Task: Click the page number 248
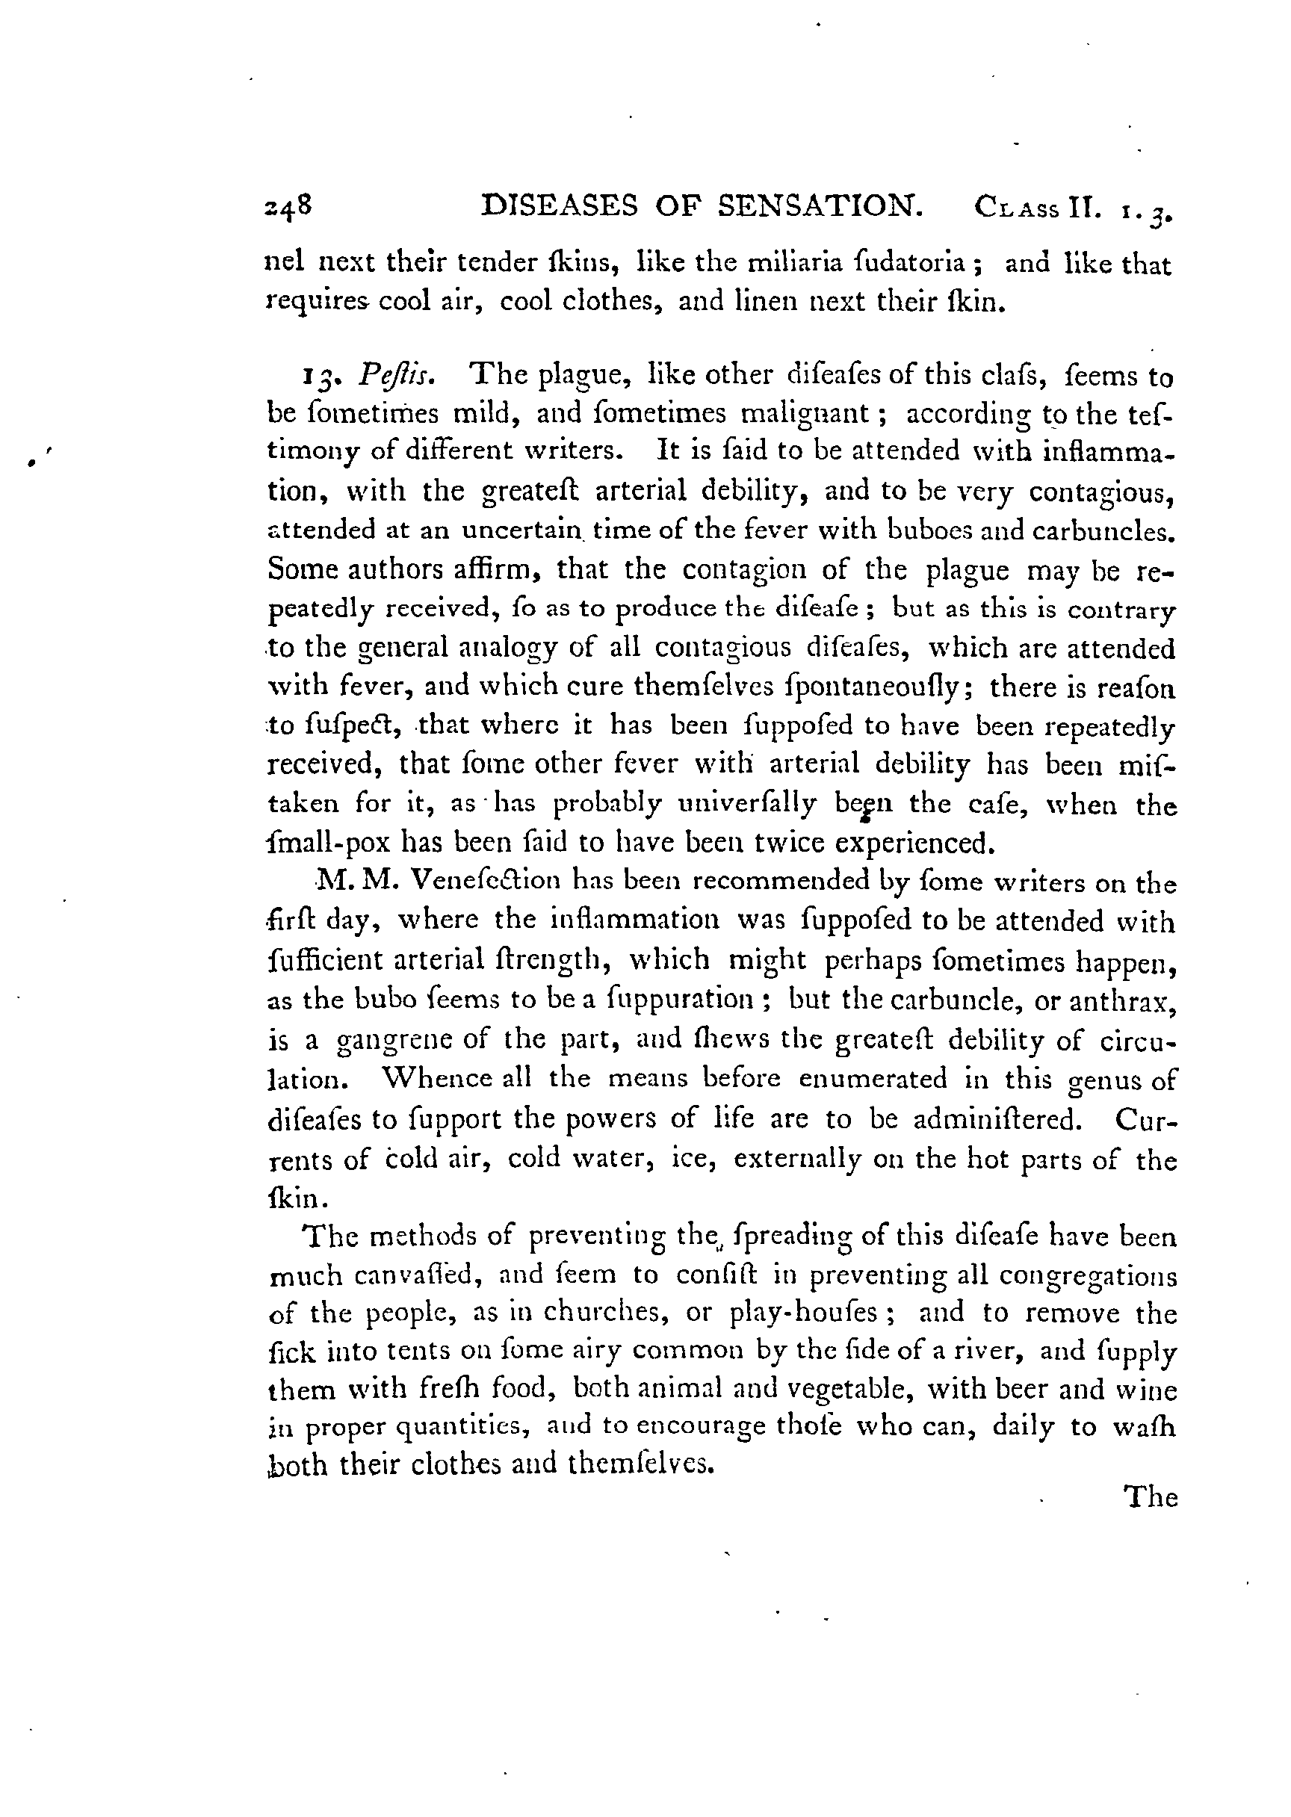288,207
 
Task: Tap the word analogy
506,648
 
